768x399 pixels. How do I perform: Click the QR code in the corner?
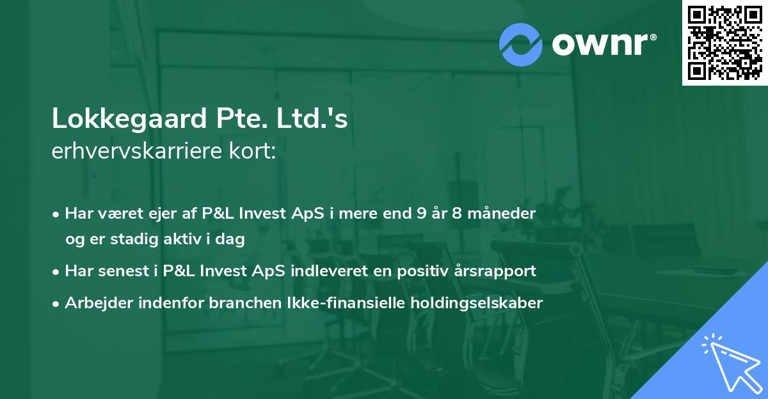pos(724,42)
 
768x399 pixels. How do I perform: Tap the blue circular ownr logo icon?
pos(522,44)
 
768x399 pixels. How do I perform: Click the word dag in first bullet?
pos(233,240)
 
